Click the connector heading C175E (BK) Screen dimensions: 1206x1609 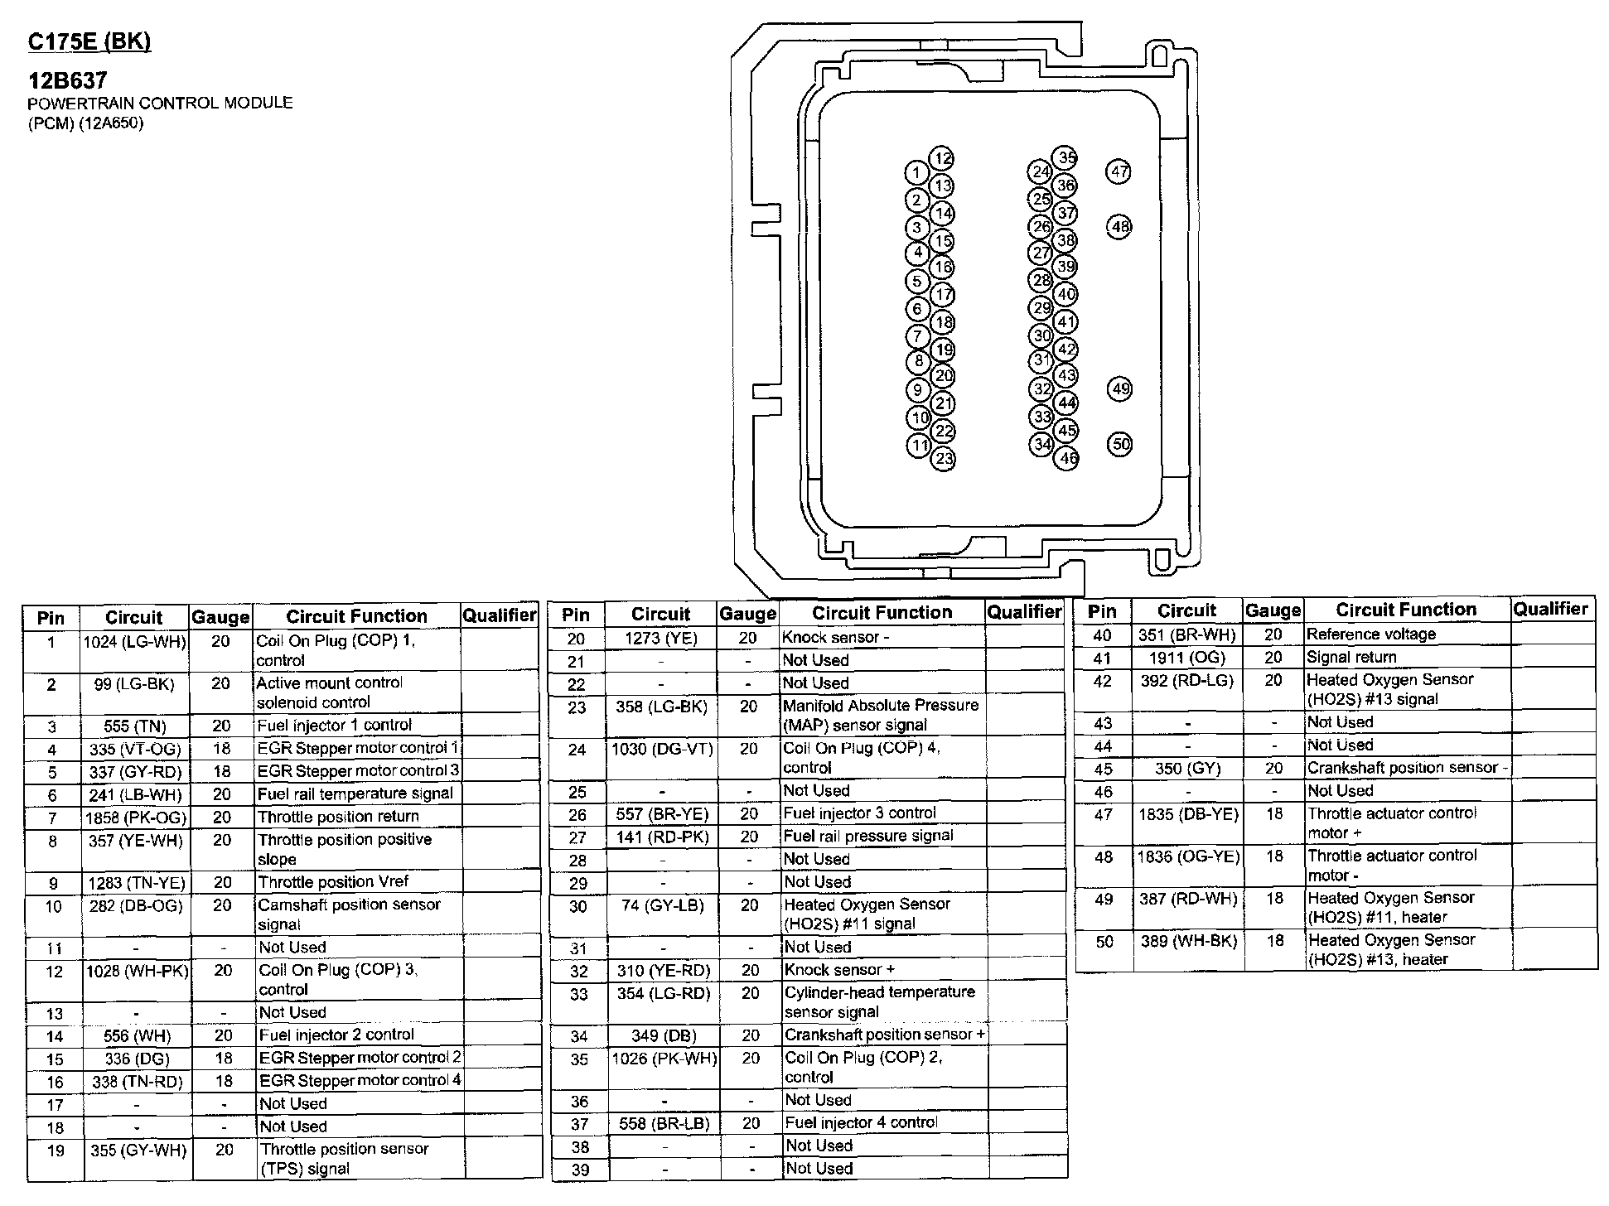point(89,41)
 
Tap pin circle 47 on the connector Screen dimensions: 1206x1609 point(1119,171)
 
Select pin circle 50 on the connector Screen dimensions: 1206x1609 point(1120,444)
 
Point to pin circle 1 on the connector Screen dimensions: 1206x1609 point(916,173)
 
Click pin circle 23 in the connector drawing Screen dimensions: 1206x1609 point(944,459)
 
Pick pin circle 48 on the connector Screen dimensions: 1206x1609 point(1119,226)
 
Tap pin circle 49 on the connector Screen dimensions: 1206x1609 point(1120,388)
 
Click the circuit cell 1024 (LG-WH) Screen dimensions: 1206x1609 point(135,641)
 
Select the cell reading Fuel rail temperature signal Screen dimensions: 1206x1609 point(355,794)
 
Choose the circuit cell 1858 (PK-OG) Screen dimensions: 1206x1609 point(137,817)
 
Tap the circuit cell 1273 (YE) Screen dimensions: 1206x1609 point(660,638)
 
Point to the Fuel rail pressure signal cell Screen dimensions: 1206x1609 point(868,836)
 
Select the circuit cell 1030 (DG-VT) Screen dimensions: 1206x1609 point(661,749)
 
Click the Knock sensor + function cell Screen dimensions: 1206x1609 point(839,969)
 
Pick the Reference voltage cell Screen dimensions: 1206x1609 point(1370,634)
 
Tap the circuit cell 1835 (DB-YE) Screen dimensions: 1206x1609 point(1188,814)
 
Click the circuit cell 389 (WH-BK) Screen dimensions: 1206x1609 point(1187,941)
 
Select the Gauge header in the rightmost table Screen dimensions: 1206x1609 point(1273,610)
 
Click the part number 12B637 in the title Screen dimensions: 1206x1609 point(68,80)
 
